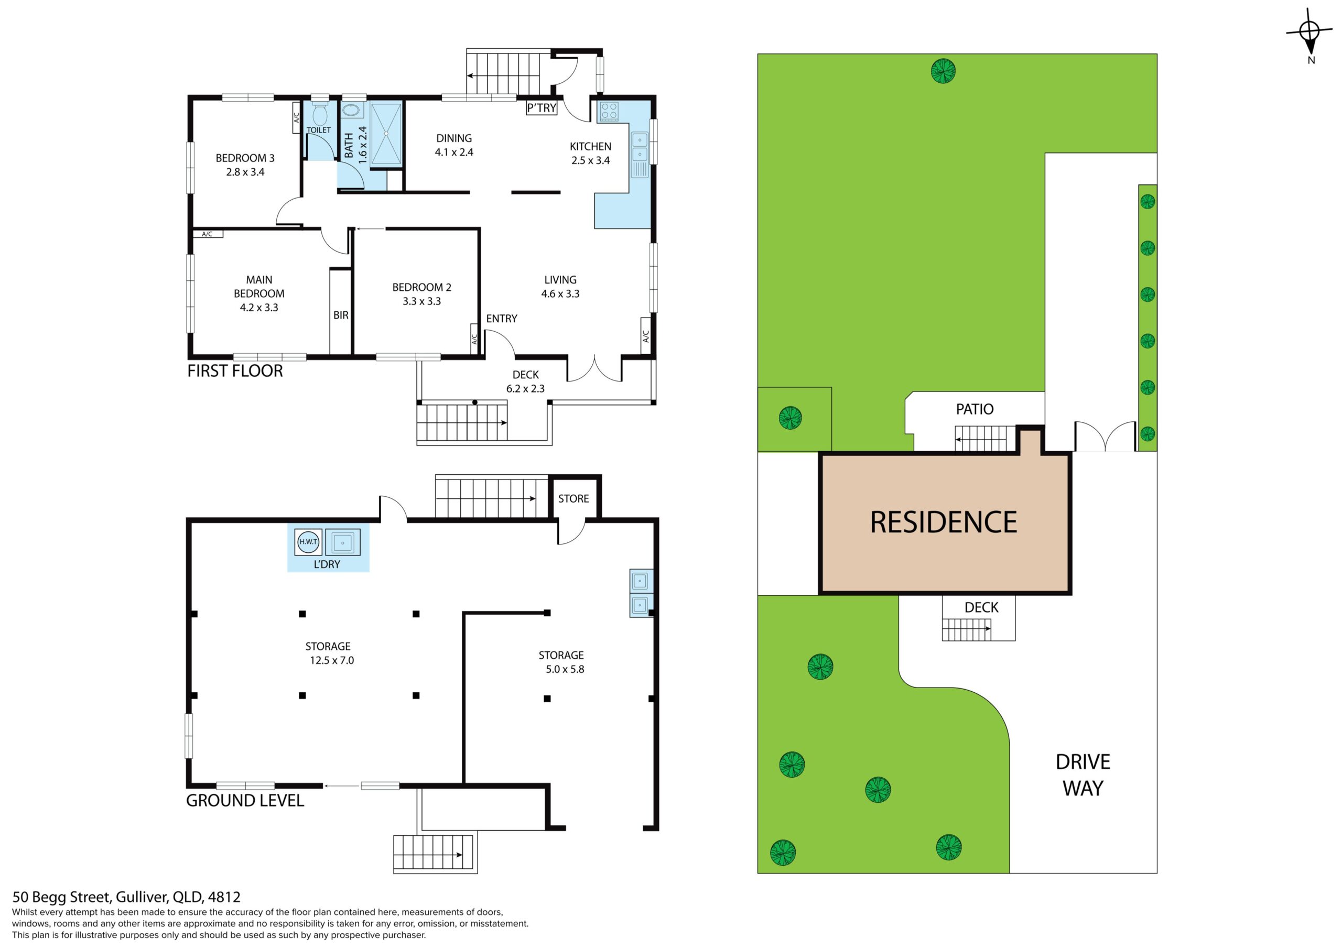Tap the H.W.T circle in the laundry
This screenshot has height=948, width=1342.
pyautogui.click(x=308, y=542)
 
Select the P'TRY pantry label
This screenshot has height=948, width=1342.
pyautogui.click(x=541, y=108)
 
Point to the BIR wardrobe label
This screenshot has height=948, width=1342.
pyautogui.click(x=341, y=315)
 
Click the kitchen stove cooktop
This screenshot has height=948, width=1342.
pyautogui.click(x=609, y=111)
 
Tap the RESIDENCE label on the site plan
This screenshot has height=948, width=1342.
pyautogui.click(x=944, y=522)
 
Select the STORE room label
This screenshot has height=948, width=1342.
pyautogui.click(x=573, y=498)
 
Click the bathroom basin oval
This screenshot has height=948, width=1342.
pyautogui.click(x=352, y=110)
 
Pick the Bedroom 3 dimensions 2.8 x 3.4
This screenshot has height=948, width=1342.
pyautogui.click(x=245, y=172)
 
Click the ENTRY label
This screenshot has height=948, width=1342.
pyautogui.click(x=502, y=319)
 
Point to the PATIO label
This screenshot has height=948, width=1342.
pyautogui.click(x=975, y=409)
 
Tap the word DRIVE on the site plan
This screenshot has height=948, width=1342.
pyautogui.click(x=1083, y=762)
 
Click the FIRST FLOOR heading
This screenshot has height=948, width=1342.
pyautogui.click(x=235, y=371)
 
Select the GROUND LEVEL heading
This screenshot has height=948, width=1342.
pyautogui.click(x=245, y=800)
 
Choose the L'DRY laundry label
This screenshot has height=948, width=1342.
pyautogui.click(x=327, y=564)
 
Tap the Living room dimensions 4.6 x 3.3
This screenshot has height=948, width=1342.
pyautogui.click(x=560, y=293)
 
